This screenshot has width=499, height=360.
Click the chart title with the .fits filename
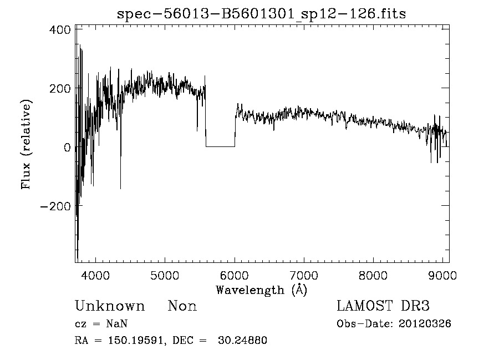click(x=261, y=14)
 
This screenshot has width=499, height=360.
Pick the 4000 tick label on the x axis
click(x=96, y=275)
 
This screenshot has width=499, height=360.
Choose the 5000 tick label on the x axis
click(x=165, y=275)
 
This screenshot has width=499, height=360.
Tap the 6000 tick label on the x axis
click(x=235, y=275)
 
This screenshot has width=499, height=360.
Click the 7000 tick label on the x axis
click(x=304, y=275)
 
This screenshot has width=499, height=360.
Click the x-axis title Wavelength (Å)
click(x=261, y=290)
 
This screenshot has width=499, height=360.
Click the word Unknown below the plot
click(x=110, y=306)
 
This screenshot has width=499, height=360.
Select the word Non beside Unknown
click(x=182, y=306)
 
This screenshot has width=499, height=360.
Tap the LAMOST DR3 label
click(x=383, y=306)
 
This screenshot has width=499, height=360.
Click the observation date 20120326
click(x=425, y=324)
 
